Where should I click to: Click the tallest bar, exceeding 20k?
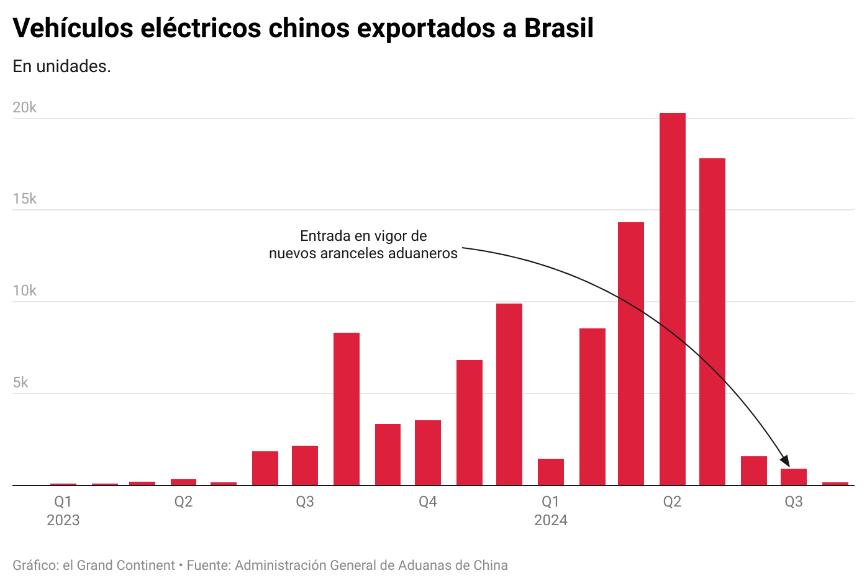672,299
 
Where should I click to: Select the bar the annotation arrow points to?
793,477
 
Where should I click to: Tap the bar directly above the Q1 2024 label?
550,472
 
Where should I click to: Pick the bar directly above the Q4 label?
428,453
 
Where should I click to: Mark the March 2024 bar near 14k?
630,353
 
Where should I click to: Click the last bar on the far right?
835,484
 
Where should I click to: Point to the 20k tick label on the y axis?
25,107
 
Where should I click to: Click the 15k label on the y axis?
25,199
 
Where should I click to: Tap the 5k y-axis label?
20,382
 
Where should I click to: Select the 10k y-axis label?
25,291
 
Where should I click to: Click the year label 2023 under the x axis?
63,520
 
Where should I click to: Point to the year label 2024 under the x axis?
550,520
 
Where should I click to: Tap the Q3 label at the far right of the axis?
793,502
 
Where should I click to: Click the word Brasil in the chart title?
559,28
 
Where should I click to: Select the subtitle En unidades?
61,66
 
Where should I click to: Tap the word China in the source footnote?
491,566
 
